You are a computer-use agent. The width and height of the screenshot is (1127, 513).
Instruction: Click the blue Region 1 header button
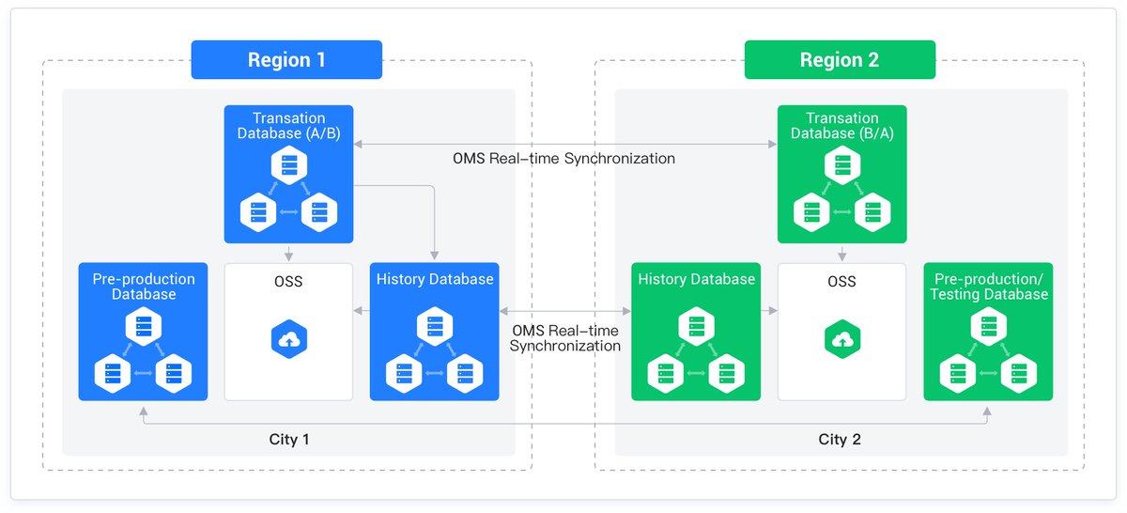coord(286,59)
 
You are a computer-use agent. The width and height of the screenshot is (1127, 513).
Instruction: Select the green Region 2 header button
coord(840,59)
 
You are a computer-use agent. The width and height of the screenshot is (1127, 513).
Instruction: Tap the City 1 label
coord(289,439)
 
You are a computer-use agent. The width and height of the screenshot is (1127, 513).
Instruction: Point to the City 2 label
coord(840,439)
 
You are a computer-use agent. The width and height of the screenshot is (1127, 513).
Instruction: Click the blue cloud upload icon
coord(289,339)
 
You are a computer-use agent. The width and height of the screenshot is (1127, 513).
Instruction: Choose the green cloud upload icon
coord(842,339)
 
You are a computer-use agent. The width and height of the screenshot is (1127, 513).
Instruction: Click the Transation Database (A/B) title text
coord(289,125)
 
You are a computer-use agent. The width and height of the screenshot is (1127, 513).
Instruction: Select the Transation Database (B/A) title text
coord(842,125)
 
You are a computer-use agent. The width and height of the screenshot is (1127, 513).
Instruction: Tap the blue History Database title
coord(435,279)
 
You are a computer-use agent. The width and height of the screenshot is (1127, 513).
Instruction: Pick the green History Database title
coord(696,279)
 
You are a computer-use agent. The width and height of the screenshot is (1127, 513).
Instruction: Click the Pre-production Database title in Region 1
coord(144,287)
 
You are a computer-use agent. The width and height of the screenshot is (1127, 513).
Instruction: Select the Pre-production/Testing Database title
coord(989,287)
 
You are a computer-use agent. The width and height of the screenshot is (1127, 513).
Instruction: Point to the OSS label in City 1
coord(288,281)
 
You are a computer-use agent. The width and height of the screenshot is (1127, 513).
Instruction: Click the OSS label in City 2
coord(841,281)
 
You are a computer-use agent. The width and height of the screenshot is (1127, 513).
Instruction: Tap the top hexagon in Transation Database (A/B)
coord(289,165)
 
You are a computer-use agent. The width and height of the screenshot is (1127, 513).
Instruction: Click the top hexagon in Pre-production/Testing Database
coord(989,327)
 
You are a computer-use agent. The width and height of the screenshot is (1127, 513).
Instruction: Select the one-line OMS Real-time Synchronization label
coord(563,159)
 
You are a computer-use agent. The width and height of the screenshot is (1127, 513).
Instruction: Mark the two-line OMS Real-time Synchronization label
coord(565,338)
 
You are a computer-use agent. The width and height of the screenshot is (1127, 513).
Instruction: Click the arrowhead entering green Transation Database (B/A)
coord(772,145)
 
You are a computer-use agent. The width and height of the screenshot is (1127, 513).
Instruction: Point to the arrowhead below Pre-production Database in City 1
coord(144,412)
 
